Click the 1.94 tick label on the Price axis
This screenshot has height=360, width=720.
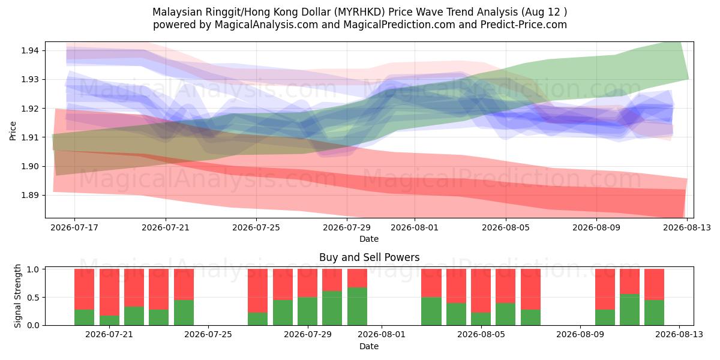point(30,50)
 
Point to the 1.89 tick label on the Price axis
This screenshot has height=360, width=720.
point(30,195)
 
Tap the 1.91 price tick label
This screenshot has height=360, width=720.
point(30,137)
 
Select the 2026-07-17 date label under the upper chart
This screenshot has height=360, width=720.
point(74,227)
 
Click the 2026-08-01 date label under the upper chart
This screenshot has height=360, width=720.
point(415,227)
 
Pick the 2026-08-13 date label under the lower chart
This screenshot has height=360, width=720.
point(679,335)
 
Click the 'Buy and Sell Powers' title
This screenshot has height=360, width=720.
point(370,257)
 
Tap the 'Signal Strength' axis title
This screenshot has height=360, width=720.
point(17,296)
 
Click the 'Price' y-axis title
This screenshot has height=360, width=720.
point(13,131)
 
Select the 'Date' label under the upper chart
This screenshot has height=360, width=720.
point(369,239)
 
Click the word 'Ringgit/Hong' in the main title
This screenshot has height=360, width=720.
point(232,12)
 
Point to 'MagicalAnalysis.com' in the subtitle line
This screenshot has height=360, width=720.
point(266,25)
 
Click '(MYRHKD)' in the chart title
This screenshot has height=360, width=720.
point(359,12)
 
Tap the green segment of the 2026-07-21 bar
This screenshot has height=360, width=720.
point(109,320)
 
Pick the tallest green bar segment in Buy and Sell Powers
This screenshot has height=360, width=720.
point(357,307)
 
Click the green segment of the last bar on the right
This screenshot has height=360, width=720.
point(654,313)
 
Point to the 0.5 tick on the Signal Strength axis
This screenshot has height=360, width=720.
point(32,298)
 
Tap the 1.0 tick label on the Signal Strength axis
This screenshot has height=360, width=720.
point(32,269)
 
